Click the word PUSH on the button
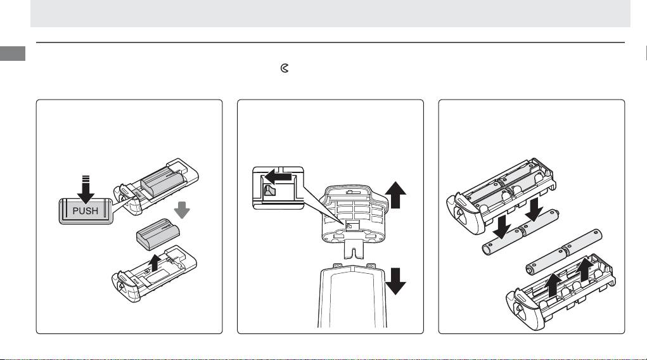pos(86,211)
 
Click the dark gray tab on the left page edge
pos(12,54)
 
